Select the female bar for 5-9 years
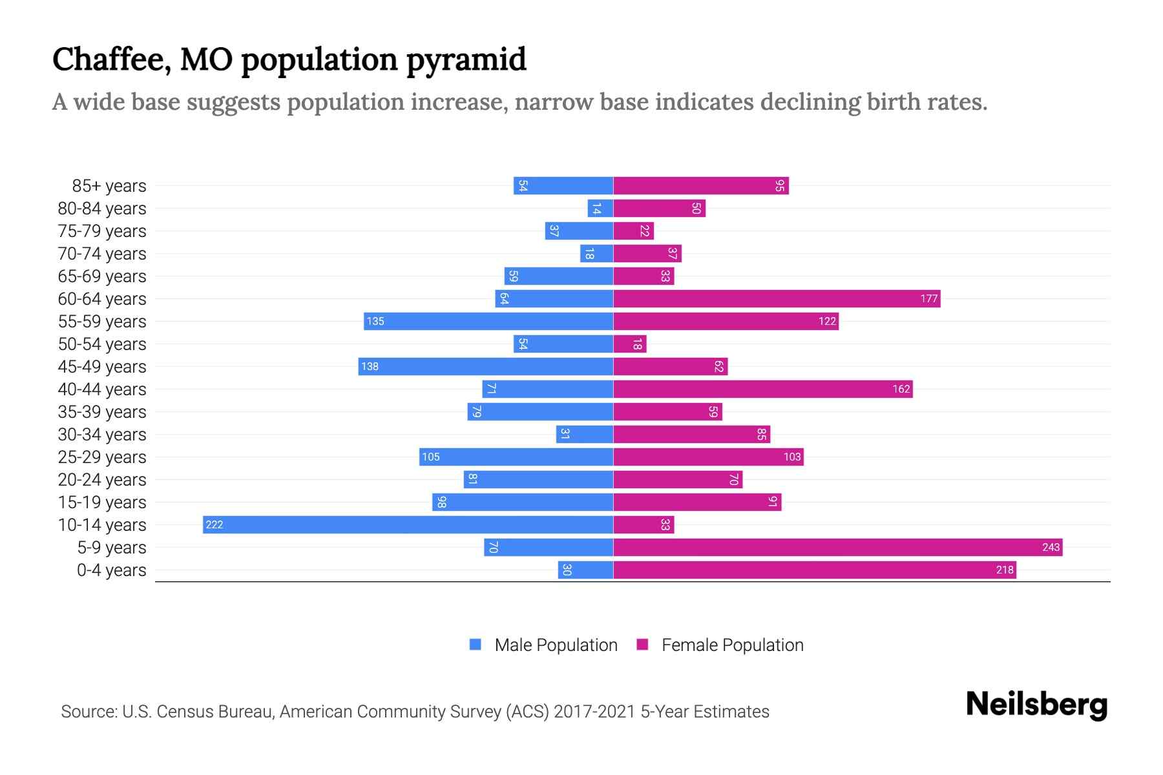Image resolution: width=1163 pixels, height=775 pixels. [x=837, y=547]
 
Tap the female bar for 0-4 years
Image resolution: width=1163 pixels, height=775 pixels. [x=814, y=570]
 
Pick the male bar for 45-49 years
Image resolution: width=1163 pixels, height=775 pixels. [x=485, y=366]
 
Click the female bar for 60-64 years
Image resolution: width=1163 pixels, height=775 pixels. [x=777, y=298]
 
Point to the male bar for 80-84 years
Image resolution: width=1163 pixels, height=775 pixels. [x=600, y=208]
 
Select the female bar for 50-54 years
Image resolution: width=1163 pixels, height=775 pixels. [x=629, y=344]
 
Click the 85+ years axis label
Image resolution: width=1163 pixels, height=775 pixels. [x=109, y=186]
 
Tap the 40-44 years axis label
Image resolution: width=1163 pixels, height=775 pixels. [x=102, y=389]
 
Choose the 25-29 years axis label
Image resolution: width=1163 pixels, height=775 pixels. [x=102, y=457]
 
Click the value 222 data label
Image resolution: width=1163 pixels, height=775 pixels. [x=214, y=524]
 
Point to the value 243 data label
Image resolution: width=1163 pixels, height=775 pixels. [x=1051, y=547]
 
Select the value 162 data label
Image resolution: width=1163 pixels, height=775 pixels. [x=901, y=389]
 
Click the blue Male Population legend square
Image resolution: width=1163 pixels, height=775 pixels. [x=476, y=645]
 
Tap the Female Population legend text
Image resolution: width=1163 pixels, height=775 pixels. [x=732, y=645]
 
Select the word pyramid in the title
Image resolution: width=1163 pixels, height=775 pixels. [x=466, y=60]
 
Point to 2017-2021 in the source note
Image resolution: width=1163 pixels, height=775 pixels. [x=594, y=712]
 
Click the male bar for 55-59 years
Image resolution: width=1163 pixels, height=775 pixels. [x=488, y=321]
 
